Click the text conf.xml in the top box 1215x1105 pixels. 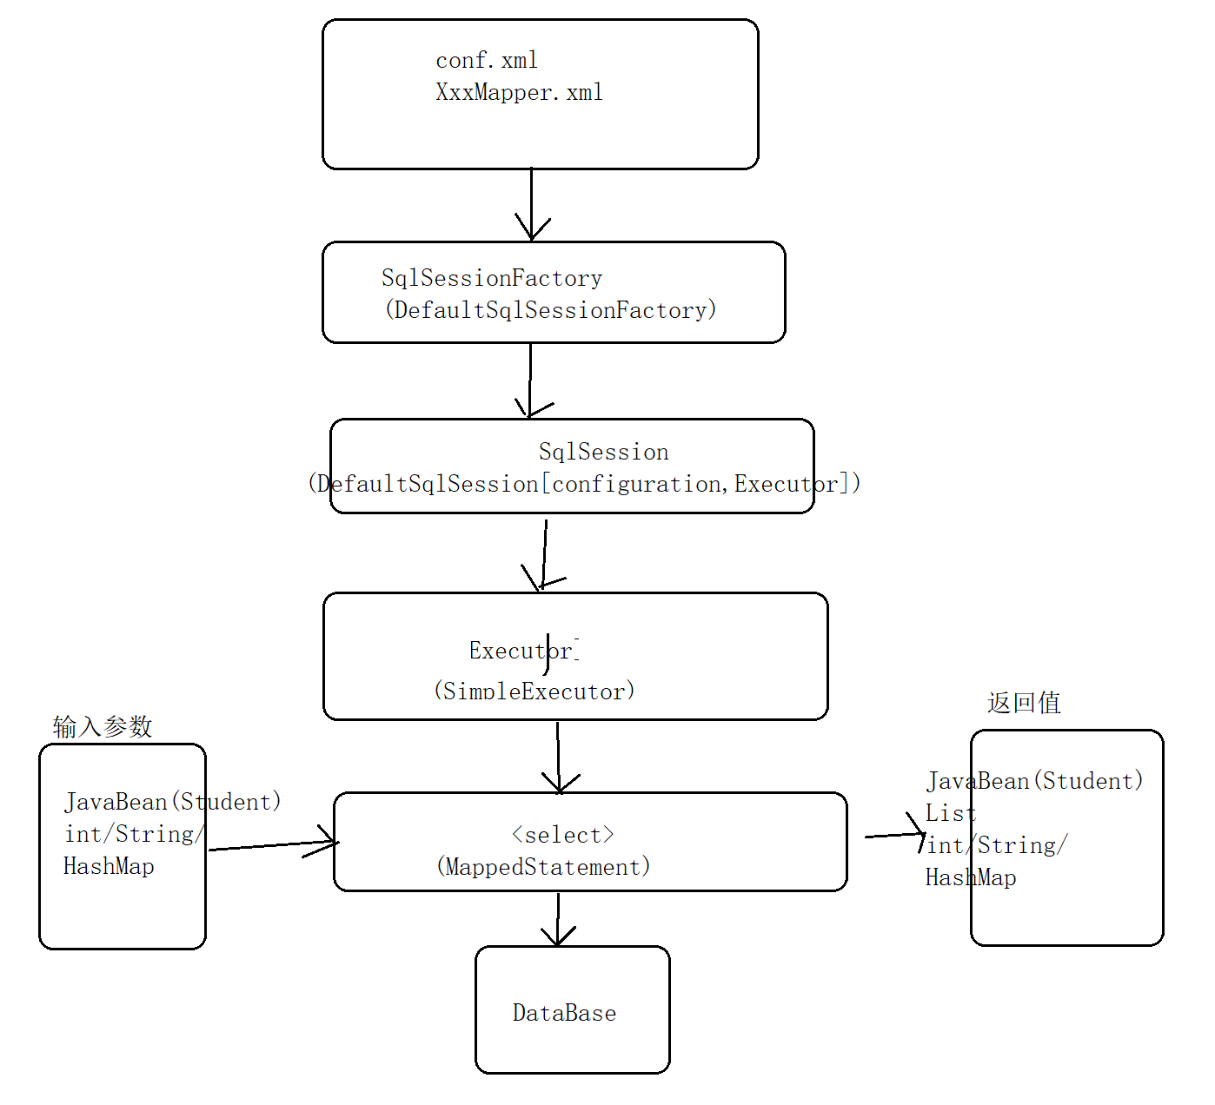[x=487, y=61]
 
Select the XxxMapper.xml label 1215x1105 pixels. [x=519, y=93]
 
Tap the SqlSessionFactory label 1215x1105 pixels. [x=492, y=279]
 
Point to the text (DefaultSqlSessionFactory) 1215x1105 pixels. [x=550, y=310]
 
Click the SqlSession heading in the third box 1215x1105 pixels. [x=603, y=452]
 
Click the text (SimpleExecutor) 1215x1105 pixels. [x=534, y=691]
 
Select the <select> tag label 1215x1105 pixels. [x=562, y=835]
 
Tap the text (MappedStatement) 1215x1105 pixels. [x=543, y=867]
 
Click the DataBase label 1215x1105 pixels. [x=564, y=1013]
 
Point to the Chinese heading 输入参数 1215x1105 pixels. [x=103, y=726]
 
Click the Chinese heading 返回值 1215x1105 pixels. [x=1024, y=703]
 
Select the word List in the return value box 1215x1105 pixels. [x=950, y=814]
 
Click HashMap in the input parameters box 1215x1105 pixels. [x=109, y=866]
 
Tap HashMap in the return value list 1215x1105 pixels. [x=971, y=878]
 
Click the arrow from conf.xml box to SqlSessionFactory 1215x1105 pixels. [x=532, y=204]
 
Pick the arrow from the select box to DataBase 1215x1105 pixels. [x=558, y=919]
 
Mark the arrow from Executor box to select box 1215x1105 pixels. [x=558, y=756]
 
